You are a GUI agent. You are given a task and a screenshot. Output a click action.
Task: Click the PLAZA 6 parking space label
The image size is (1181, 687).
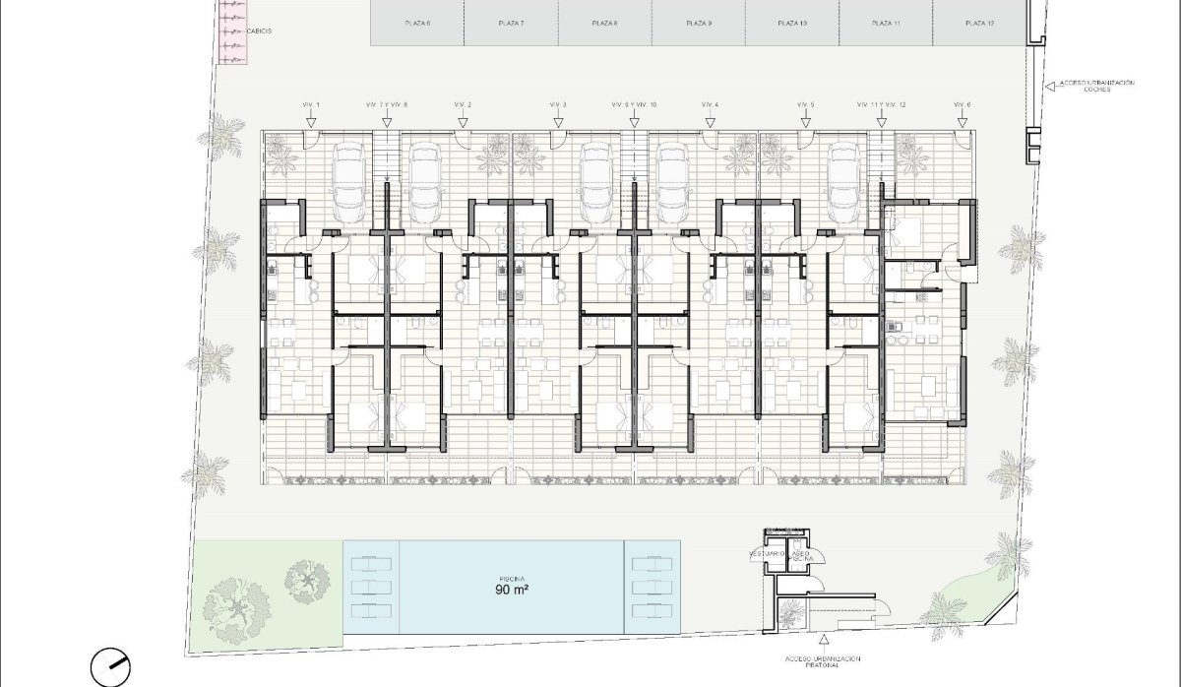tap(417, 22)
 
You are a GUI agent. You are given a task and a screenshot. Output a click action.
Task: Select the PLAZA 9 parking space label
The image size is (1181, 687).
tap(698, 22)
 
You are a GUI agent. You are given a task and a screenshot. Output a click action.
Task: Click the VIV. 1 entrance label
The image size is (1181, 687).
tap(311, 104)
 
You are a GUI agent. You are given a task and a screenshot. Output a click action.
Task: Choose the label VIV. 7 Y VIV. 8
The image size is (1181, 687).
tap(387, 104)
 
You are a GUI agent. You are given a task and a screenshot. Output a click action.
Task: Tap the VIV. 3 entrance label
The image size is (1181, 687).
tap(558, 104)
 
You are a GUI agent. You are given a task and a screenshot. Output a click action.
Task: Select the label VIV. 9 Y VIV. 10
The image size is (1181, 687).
tap(634, 104)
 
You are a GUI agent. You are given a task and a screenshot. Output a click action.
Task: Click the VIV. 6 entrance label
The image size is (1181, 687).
tap(963, 104)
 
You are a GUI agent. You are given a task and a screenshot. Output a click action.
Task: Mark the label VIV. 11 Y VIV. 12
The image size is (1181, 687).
tap(882, 104)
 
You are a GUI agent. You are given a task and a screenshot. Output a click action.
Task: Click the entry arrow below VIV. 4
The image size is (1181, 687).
tap(711, 122)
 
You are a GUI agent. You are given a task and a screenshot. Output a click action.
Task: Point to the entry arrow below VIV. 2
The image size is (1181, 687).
tap(463, 122)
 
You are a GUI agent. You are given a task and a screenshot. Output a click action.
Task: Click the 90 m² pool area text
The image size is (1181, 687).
tap(513, 592)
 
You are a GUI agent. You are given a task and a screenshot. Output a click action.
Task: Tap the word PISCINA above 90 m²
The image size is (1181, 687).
tap(512, 578)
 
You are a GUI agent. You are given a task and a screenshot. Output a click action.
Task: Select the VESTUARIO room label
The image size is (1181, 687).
tap(766, 554)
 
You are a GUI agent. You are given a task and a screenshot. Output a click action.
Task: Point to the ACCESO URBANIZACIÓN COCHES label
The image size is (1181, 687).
tap(1097, 86)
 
